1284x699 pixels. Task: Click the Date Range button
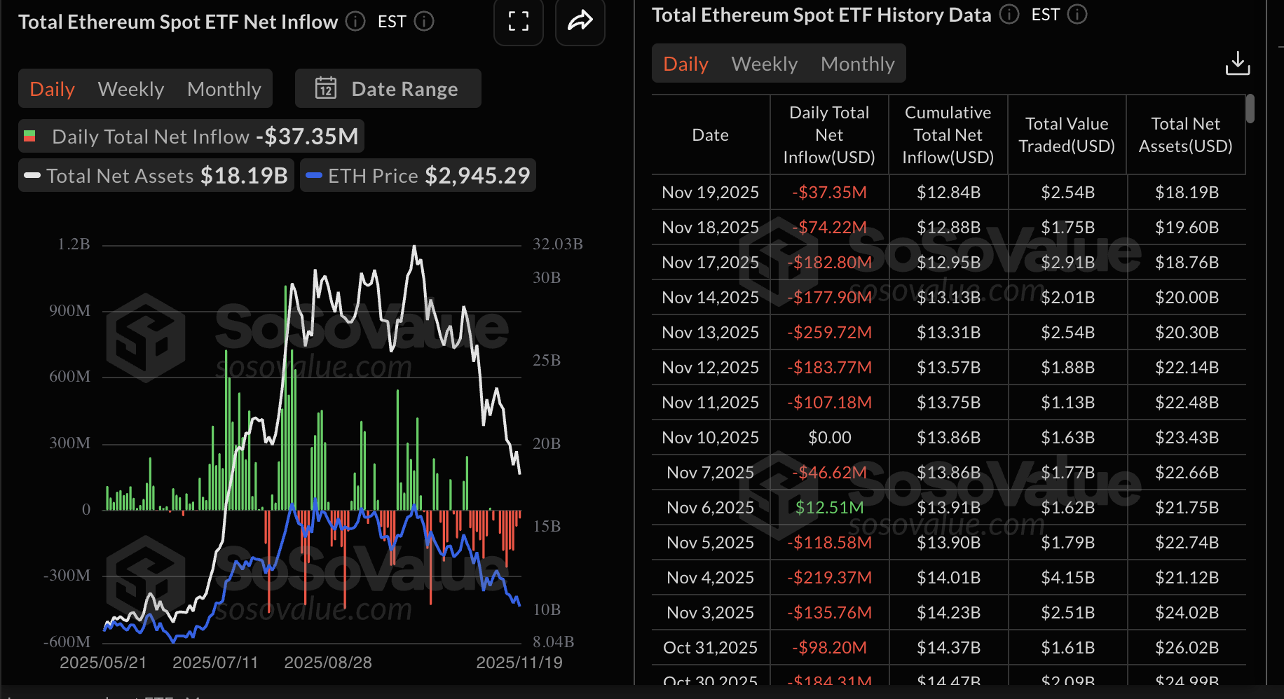[x=388, y=89]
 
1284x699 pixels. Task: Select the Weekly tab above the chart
[x=131, y=89]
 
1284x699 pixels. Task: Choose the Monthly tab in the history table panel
[x=857, y=64]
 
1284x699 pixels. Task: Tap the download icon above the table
[x=1237, y=64]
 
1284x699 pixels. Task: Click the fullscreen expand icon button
[x=518, y=22]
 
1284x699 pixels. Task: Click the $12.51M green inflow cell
[x=829, y=507]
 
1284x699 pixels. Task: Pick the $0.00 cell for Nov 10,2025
[x=829, y=437]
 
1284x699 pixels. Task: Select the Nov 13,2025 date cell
[x=710, y=332]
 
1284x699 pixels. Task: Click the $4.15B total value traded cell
[x=1067, y=577]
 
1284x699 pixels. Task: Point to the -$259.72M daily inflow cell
[x=829, y=332]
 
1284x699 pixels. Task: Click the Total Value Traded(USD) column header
[x=1067, y=134]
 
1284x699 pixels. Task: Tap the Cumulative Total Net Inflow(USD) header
[x=948, y=134]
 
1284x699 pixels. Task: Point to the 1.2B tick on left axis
[x=74, y=244]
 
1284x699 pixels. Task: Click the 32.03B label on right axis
[x=557, y=244]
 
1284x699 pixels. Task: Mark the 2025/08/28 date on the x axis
[x=327, y=663]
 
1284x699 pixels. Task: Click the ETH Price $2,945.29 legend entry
[x=418, y=176]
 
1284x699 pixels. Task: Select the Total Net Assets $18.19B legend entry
[x=156, y=176]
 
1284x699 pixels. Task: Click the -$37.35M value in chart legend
[x=307, y=136]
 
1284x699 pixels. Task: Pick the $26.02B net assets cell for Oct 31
[x=1187, y=647]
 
